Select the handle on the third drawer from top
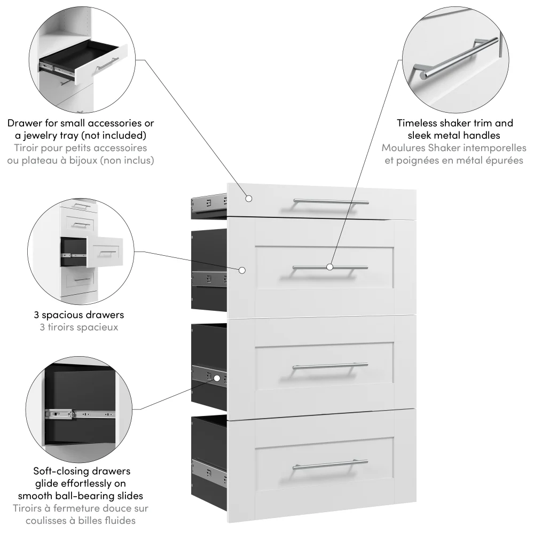[x=330, y=366]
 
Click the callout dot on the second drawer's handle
[x=330, y=266]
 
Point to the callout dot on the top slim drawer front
[x=248, y=198]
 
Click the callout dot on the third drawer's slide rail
[x=217, y=378]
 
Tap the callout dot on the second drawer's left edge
[x=242, y=270]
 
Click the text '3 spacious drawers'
[x=78, y=315]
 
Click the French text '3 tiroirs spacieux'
[x=78, y=327]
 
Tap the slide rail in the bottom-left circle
[x=80, y=413]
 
